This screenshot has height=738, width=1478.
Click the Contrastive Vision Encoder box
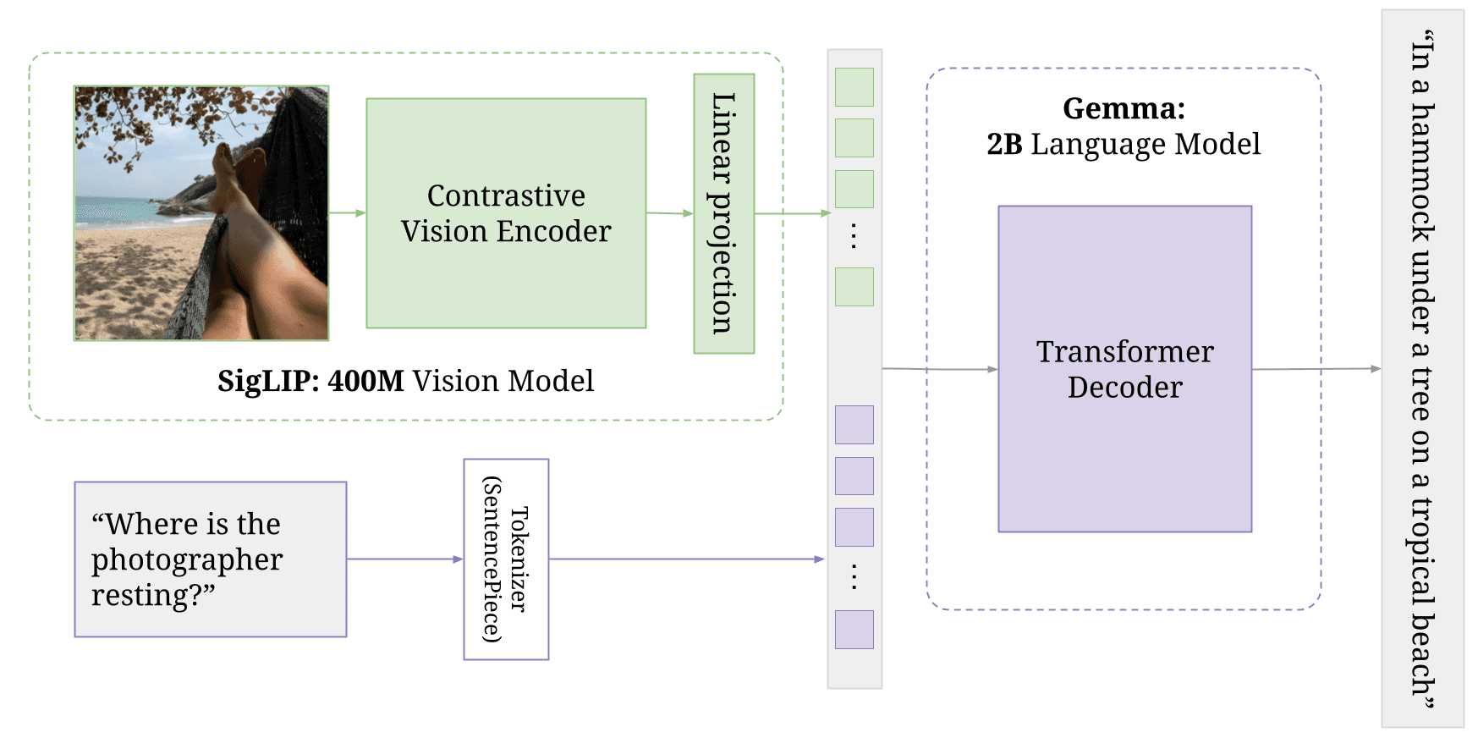[506, 213]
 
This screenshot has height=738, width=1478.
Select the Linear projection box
[723, 213]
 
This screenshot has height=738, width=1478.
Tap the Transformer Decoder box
[1124, 369]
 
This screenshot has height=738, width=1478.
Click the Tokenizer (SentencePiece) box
[506, 559]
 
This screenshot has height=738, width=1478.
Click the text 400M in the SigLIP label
[365, 381]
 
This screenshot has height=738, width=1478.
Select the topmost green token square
[854, 87]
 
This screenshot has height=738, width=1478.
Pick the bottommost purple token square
[854, 630]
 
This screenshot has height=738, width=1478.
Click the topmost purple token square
[854, 425]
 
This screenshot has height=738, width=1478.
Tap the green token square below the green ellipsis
[854, 287]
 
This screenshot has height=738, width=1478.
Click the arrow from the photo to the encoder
[347, 213]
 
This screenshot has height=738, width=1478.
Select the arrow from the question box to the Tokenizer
[404, 559]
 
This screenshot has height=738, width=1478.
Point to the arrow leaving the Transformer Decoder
[1316, 369]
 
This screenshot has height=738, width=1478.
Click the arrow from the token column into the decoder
[939, 369]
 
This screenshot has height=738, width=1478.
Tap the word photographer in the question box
[187, 560]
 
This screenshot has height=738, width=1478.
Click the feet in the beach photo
[237, 165]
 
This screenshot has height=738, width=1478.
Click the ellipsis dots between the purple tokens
[854, 577]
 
